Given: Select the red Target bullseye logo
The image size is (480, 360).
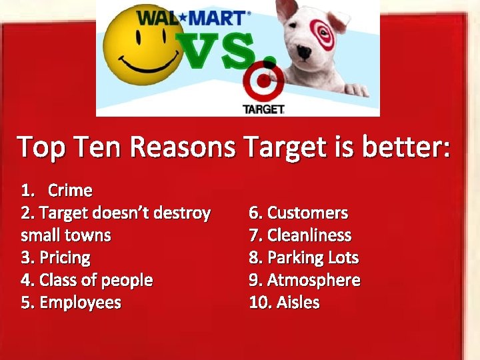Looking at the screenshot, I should point(265,83).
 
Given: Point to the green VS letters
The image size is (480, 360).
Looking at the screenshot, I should point(219,53).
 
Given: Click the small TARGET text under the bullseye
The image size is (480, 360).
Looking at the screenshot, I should point(263,109).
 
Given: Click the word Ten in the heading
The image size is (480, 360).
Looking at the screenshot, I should point(101,147).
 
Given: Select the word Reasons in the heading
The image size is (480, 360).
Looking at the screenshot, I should point(184,147).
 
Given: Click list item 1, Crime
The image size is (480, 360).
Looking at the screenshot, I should point(69,191).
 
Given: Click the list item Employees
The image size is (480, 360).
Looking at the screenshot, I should point(80,303).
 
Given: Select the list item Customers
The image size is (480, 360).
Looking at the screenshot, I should point(307,213).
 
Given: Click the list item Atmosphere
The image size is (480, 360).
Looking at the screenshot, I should point(313,280).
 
